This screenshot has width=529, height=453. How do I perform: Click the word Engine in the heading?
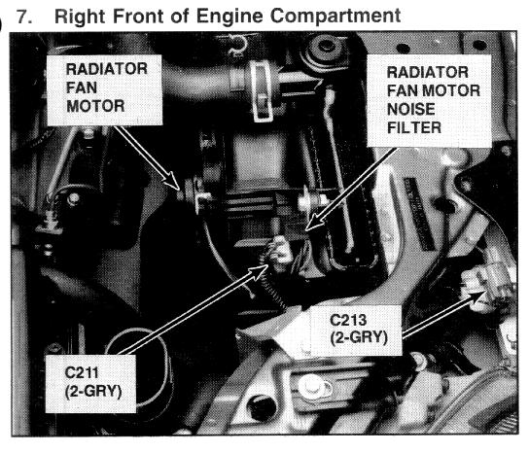tap(229, 17)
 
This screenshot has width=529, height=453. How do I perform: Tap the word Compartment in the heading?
tap(335, 17)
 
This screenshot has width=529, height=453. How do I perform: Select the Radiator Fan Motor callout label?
tap(105, 89)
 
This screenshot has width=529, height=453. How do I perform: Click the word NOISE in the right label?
tap(410, 109)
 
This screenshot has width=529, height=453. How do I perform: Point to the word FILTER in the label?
tap(414, 128)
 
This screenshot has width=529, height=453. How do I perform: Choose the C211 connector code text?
tap(82, 372)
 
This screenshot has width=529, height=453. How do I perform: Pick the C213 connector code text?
tap(348, 320)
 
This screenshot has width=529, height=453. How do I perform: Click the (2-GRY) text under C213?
tap(359, 337)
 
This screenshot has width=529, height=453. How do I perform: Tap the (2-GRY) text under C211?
tap(93, 392)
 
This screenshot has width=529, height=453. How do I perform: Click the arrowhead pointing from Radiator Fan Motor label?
tap(174, 182)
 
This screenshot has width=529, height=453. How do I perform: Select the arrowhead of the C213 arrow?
tap(476, 297)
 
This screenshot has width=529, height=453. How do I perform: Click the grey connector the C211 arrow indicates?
tap(281, 251)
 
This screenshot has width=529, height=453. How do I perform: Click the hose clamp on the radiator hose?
tap(263, 92)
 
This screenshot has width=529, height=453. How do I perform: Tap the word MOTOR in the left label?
tap(95, 106)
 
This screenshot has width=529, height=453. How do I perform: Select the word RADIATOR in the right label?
tap(428, 72)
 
